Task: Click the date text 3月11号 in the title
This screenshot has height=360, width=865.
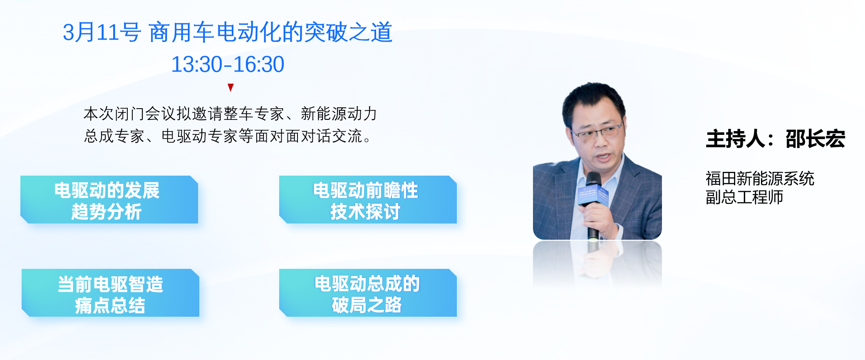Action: pyautogui.click(x=102, y=32)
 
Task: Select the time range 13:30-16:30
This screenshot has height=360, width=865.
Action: pyautogui.click(x=228, y=65)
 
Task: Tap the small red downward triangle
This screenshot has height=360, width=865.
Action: pyautogui.click(x=231, y=87)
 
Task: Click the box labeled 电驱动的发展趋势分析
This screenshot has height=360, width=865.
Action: pyautogui.click(x=109, y=200)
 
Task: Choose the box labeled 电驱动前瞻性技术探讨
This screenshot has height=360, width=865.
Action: pyautogui.click(x=368, y=200)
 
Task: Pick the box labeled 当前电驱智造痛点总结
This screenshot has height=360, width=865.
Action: pyautogui.click(x=110, y=293)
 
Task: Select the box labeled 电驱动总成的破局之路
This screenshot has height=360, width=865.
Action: pyautogui.click(x=368, y=293)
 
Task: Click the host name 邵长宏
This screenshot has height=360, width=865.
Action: pyautogui.click(x=815, y=139)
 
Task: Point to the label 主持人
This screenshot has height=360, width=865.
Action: pyautogui.click(x=736, y=139)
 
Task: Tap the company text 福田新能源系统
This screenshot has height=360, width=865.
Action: pyautogui.click(x=760, y=179)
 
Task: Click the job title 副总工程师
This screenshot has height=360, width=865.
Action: pyautogui.click(x=744, y=197)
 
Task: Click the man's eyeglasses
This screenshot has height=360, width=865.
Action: pyautogui.click(x=598, y=132)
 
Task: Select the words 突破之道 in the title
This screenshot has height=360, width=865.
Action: pyautogui.click(x=348, y=32)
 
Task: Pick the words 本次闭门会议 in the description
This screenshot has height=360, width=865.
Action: pyautogui.click(x=129, y=114)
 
